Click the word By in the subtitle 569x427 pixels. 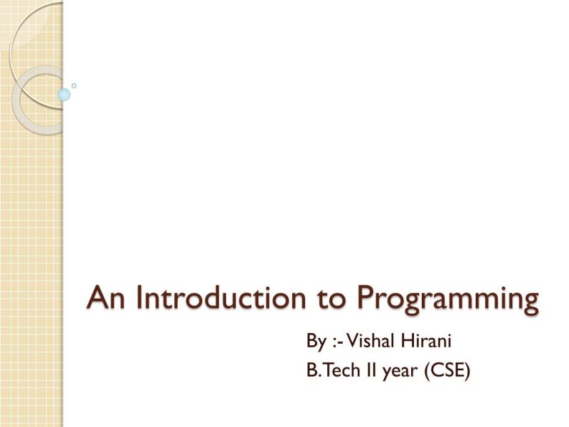coord(316,342)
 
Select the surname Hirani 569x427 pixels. coord(429,342)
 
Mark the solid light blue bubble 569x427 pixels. coord(64,95)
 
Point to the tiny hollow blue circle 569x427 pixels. coord(74,85)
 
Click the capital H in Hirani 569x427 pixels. coord(411,342)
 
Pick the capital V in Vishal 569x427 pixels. coord(353,342)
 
